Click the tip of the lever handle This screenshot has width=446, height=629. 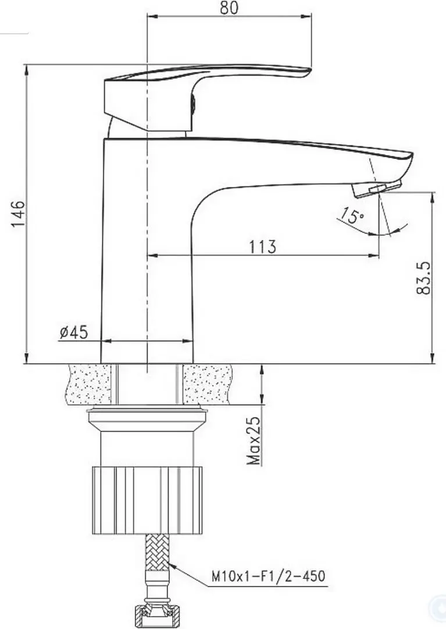tap(305, 72)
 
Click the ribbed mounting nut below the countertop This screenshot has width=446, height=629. tap(148, 499)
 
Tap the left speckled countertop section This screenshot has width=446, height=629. tap(89, 384)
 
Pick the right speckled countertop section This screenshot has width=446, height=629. tap(207, 384)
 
